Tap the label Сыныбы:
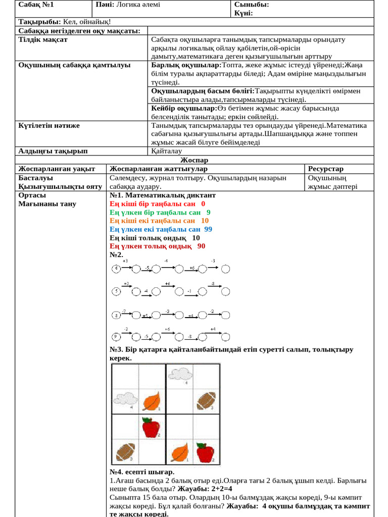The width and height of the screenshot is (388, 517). click(x=251, y=5)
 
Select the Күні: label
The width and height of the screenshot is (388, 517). click(x=244, y=13)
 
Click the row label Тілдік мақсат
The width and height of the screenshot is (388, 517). click(x=43, y=39)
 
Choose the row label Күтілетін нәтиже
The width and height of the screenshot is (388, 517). click(x=49, y=125)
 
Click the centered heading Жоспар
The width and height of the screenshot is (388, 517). click(x=195, y=160)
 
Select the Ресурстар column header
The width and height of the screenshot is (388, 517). click(x=325, y=169)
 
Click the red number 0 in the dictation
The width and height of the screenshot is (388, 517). click(x=203, y=203)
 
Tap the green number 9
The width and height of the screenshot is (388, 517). click(x=208, y=212)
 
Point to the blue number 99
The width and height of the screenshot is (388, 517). click(x=208, y=229)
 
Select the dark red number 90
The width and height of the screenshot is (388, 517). click(x=201, y=246)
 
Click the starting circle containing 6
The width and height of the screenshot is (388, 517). click(x=116, y=268)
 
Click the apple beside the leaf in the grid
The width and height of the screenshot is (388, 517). click(x=205, y=452)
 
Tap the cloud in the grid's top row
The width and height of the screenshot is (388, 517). click(x=179, y=375)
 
